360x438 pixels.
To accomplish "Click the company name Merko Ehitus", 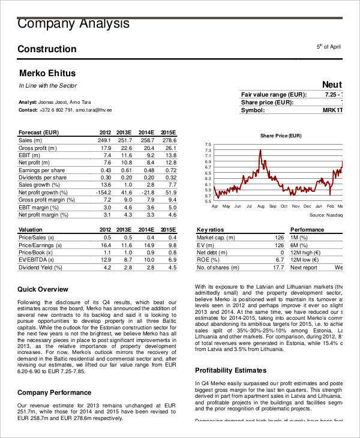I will (x=47, y=73).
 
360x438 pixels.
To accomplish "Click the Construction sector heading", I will (x=47, y=49).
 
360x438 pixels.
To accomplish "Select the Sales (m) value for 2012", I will (x=104, y=140).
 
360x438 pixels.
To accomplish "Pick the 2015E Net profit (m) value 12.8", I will (x=170, y=163).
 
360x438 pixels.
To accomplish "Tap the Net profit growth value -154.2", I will (x=103, y=193).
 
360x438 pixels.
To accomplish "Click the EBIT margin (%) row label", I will (x=43, y=207).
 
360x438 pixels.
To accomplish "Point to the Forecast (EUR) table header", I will (x=38, y=132).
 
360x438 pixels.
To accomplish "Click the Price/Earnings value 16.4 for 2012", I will (x=106, y=245).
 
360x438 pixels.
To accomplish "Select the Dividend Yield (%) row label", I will (x=44, y=267).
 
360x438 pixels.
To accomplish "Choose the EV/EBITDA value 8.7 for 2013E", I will (x=127, y=260).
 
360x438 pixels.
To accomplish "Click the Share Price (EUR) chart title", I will (x=280, y=136).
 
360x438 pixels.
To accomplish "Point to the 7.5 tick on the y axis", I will (x=208, y=145).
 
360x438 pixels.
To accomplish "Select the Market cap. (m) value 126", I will (x=279, y=238).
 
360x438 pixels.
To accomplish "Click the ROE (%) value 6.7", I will (x=280, y=260).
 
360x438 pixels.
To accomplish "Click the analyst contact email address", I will (x=94, y=110).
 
